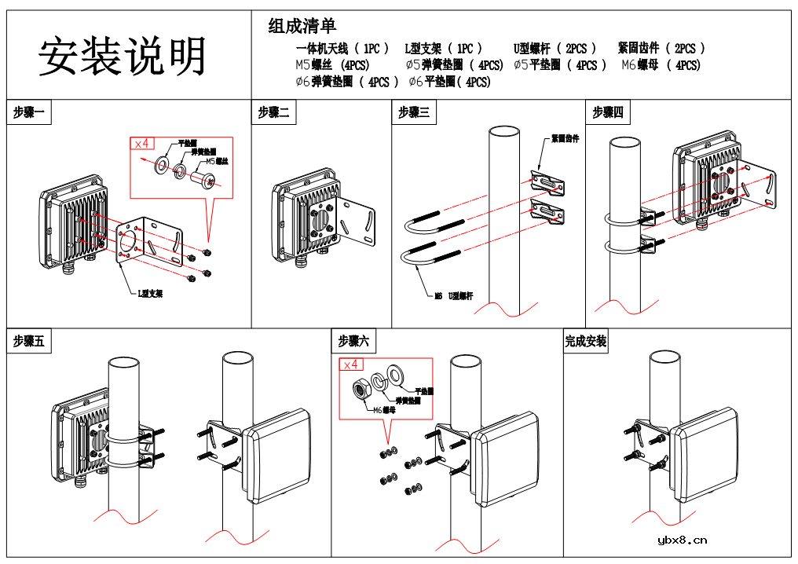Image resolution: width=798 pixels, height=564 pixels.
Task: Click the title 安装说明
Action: [123, 57]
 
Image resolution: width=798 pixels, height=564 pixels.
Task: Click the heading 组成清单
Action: [302, 26]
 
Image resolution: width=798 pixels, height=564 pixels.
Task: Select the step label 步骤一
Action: [31, 113]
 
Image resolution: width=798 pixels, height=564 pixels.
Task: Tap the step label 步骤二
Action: [273, 113]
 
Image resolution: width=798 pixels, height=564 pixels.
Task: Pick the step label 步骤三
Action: [414, 113]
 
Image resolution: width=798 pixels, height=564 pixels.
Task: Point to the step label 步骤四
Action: [608, 113]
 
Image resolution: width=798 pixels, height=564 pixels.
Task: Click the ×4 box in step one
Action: [142, 143]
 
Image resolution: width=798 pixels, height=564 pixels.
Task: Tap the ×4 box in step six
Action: [351, 364]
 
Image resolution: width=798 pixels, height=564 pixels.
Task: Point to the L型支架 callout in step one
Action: [150, 294]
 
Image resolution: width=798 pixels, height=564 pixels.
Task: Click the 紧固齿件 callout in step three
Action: [565, 139]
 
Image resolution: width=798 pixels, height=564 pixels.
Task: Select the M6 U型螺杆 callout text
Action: [454, 296]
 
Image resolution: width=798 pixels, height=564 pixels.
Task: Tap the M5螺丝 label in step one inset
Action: [217, 161]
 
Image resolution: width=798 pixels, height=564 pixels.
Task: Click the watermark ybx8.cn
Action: [682, 540]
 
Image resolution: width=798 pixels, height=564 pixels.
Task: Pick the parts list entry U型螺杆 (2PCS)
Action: [555, 49]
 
